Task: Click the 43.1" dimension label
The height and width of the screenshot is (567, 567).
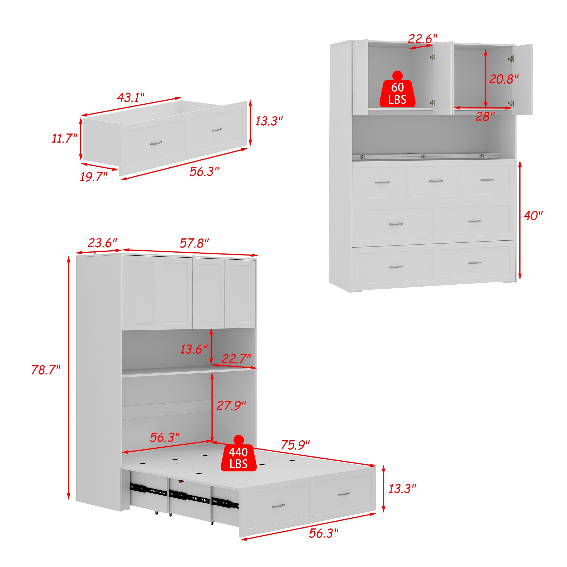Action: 131,97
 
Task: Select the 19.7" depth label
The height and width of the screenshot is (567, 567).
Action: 94,177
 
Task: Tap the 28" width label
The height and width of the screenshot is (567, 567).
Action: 485,117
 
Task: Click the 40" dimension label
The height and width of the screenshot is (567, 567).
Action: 533,216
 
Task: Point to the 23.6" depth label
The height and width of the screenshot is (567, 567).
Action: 102,243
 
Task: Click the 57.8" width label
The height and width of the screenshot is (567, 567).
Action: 194,243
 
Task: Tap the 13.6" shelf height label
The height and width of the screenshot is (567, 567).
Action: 194,349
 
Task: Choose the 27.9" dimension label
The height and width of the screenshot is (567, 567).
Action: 231,405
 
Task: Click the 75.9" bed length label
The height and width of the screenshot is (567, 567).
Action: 295,445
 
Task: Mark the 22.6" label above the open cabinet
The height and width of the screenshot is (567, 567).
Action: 423,39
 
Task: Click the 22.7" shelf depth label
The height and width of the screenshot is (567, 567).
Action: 236,359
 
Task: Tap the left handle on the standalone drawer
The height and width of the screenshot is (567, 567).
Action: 156,143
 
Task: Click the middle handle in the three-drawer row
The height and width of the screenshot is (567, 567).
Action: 435,181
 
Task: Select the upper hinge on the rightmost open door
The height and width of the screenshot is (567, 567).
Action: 511,58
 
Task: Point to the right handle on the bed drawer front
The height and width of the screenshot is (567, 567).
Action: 344,494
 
